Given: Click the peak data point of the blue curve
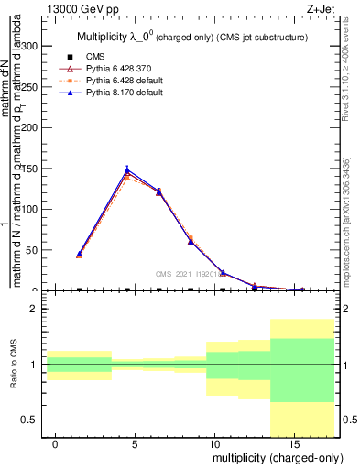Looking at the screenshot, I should tap(127, 169).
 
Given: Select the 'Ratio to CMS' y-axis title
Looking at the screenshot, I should tap(14, 365).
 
